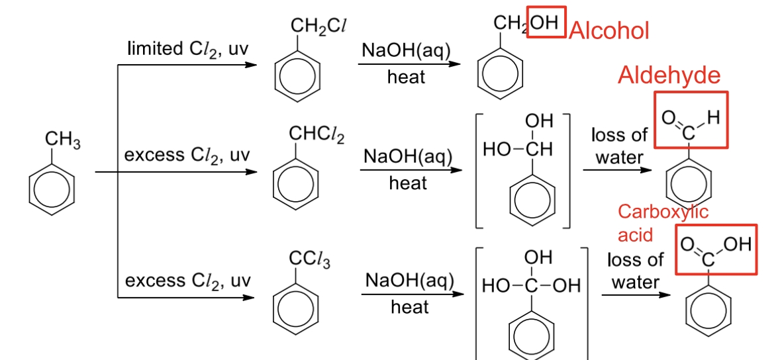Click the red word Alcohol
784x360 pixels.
coord(609,31)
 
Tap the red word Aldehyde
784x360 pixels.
coord(669,75)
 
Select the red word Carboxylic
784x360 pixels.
coord(663,212)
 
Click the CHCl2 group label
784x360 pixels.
coord(317,134)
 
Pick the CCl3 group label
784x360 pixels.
coord(310,260)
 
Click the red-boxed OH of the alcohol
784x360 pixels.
coord(546,22)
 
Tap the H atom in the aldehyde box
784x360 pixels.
coord(713,118)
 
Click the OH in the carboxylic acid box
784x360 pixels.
coord(737,244)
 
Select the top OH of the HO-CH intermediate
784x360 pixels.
coord(539,121)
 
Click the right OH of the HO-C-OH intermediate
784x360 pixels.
coord(565,286)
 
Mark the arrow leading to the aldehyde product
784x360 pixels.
coord(618,170)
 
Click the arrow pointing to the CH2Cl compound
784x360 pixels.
coord(187,65)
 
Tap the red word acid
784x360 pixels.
coord(636,234)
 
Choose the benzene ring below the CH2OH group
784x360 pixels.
coord(501,74)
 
